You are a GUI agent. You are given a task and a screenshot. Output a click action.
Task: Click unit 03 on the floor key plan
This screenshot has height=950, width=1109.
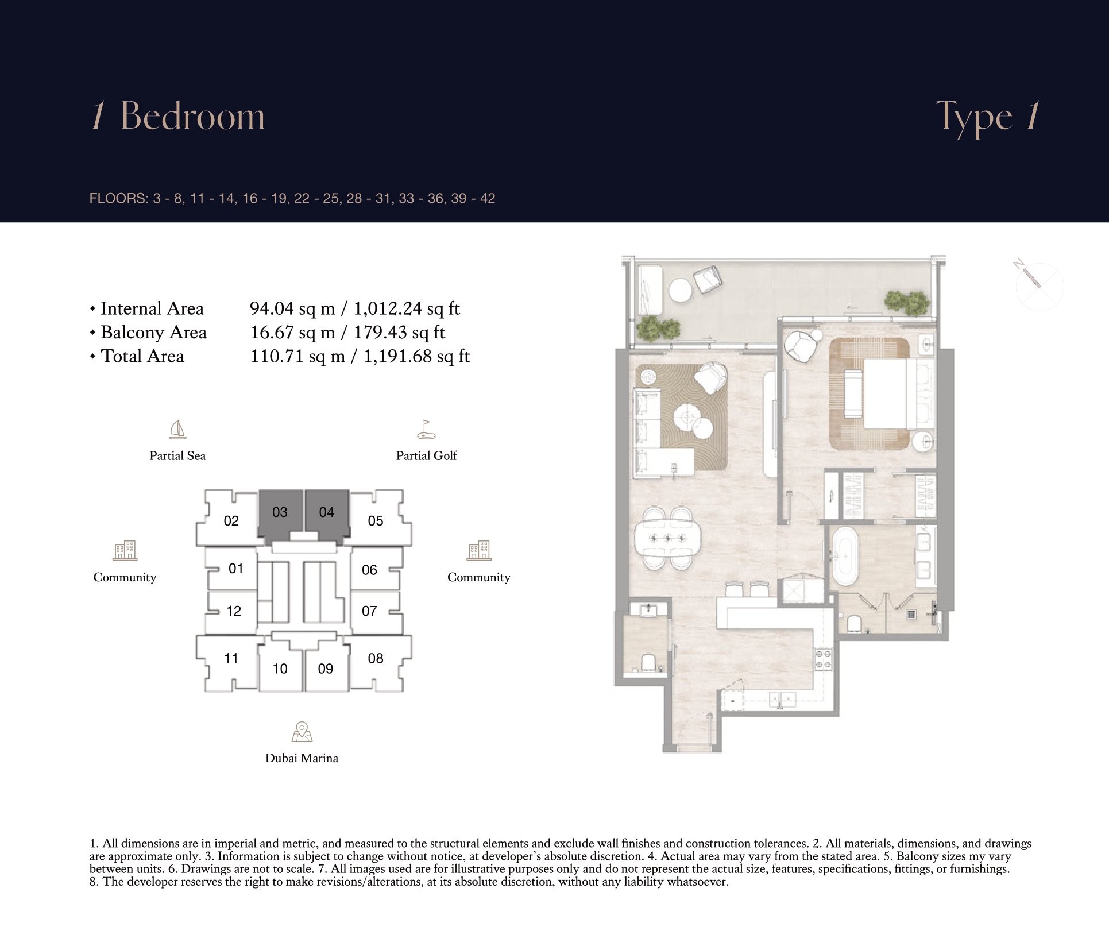(280, 512)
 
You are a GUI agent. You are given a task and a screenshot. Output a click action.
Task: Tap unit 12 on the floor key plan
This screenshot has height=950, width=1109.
(232, 611)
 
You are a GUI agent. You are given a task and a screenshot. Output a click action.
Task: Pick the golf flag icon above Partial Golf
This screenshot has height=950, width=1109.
(426, 429)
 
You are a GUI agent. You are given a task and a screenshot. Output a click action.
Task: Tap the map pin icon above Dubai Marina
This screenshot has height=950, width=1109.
(302, 732)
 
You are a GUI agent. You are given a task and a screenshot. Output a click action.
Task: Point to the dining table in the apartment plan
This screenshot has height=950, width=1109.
(668, 538)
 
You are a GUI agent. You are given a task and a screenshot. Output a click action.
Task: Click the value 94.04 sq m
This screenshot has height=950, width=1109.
(292, 309)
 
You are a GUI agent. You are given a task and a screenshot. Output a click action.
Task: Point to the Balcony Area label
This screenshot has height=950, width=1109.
(153, 333)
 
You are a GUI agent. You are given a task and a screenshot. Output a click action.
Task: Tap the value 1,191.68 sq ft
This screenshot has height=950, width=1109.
(417, 357)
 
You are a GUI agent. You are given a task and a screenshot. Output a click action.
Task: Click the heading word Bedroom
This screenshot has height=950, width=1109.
(193, 116)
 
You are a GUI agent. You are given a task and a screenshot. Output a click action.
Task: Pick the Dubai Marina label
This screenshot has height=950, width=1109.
(302, 758)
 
